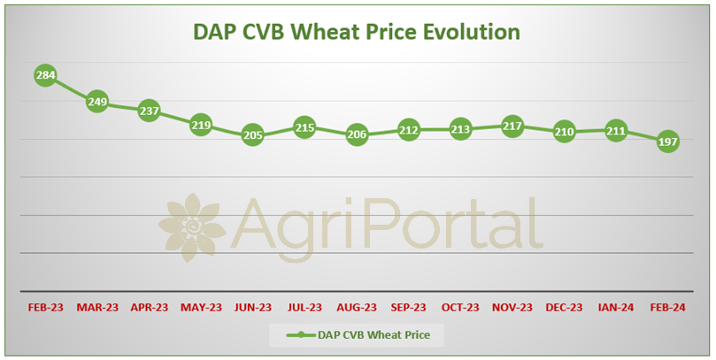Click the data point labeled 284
(46, 75)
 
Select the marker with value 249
(97, 102)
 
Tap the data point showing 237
(150, 111)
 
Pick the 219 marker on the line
(201, 125)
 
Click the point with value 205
(253, 135)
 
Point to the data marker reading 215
(304, 127)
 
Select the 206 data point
(357, 134)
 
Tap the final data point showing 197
(667, 142)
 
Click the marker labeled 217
(512, 126)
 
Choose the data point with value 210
(564, 132)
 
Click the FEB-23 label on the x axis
(46, 308)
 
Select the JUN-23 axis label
(253, 308)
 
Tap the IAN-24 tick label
(616, 308)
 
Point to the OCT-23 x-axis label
(460, 308)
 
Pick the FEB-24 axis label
(667, 308)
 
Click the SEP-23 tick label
(408, 308)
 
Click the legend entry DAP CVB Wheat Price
(358, 335)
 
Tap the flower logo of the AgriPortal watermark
(192, 227)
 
